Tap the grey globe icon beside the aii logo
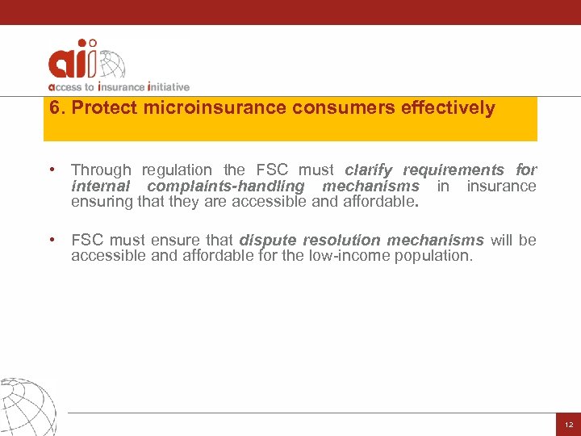112,65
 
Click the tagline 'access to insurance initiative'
119,86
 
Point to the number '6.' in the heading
56,108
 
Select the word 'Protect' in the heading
100,108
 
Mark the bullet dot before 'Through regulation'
51,170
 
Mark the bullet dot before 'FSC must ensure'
51,241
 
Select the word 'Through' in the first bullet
101,170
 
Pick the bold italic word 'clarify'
370,170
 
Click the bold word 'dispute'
268,241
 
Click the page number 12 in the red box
567,425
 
